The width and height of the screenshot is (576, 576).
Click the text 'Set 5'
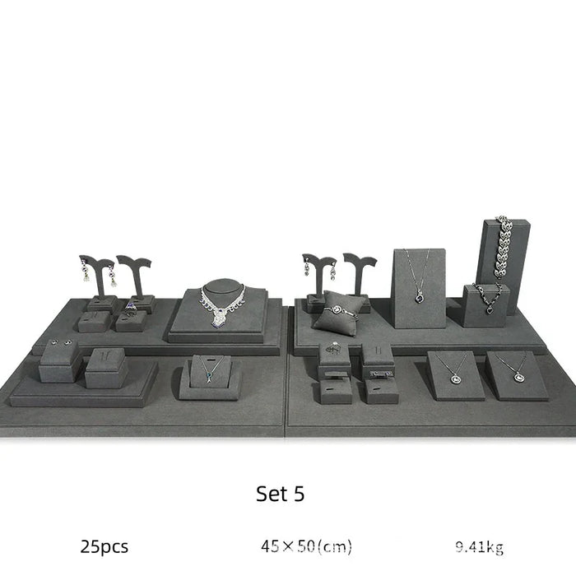tap(280, 494)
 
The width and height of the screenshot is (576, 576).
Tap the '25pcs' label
tap(105, 546)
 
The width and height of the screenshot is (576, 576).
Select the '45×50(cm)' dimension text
tap(306, 546)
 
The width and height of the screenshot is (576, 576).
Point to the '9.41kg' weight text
tap(480, 547)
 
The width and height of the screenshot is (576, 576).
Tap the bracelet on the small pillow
tap(340, 311)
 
